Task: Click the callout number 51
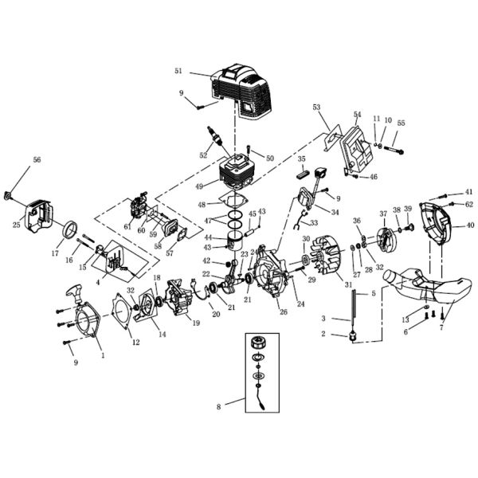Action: tap(178, 71)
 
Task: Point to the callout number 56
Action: tap(37, 160)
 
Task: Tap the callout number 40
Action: tap(469, 226)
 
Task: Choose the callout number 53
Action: tap(316, 107)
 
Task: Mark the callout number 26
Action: tap(281, 311)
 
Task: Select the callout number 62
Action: tap(469, 204)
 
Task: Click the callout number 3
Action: tap(323, 318)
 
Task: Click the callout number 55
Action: tap(401, 123)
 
